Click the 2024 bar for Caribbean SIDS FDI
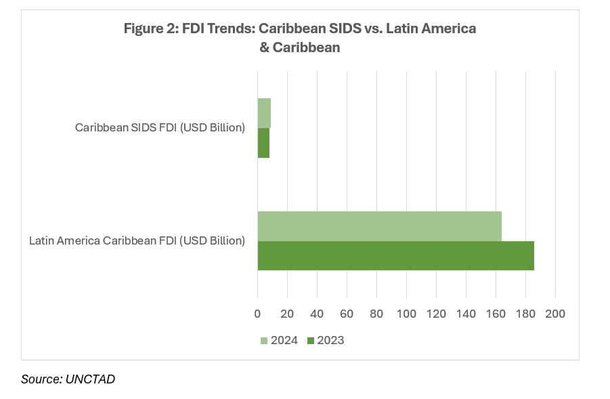(x=264, y=113)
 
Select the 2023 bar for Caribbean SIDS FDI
(x=263, y=143)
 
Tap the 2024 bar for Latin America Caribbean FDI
(x=379, y=226)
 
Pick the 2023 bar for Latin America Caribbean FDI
(x=395, y=255)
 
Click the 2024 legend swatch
(x=264, y=340)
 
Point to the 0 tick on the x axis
(x=257, y=314)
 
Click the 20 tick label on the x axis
(x=287, y=314)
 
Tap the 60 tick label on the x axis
(x=347, y=314)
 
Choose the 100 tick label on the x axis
(x=406, y=314)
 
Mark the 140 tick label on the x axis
(x=466, y=314)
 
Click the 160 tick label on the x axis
(x=496, y=314)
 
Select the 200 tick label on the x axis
(x=555, y=314)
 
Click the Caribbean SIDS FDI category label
(x=160, y=127)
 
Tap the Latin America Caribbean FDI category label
(x=137, y=240)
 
